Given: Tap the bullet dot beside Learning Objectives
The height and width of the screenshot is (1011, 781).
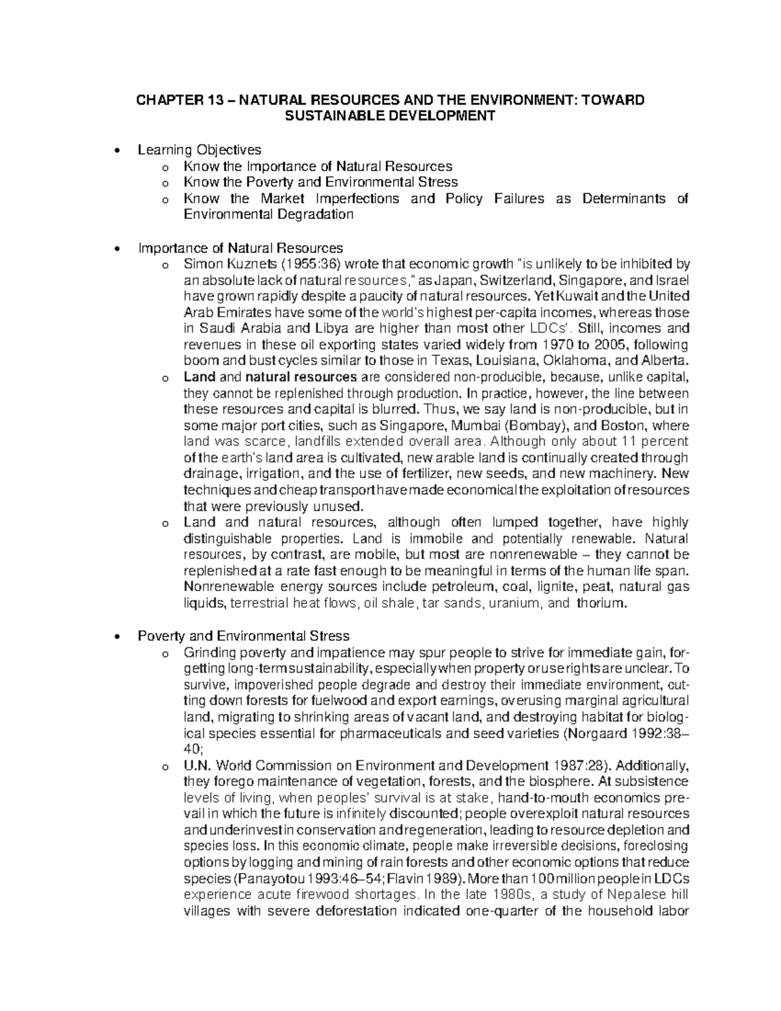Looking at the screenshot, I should pos(116,150).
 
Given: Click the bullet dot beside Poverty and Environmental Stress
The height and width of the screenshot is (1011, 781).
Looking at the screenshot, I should pos(116,636).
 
